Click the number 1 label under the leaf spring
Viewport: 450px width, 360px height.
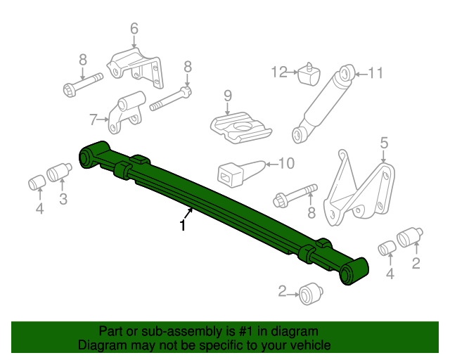click(183, 226)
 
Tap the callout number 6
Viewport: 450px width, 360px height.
click(134, 29)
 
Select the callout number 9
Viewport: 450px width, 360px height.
click(228, 96)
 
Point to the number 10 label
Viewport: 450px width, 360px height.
click(285, 164)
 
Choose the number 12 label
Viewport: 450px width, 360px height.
click(280, 71)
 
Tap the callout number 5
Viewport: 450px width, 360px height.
click(383, 143)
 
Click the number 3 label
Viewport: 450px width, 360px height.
click(63, 200)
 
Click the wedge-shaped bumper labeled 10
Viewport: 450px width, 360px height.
click(238, 173)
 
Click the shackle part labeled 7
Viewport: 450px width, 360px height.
click(126, 115)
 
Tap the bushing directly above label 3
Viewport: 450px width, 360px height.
click(60, 172)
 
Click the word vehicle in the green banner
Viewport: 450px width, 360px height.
click(307, 345)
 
